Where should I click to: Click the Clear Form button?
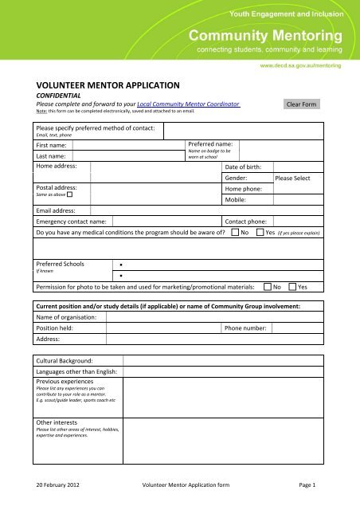coord(306,104)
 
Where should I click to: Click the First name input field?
coord(127,146)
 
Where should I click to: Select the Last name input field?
coord(127,157)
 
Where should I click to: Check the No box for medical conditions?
coord(236,233)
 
